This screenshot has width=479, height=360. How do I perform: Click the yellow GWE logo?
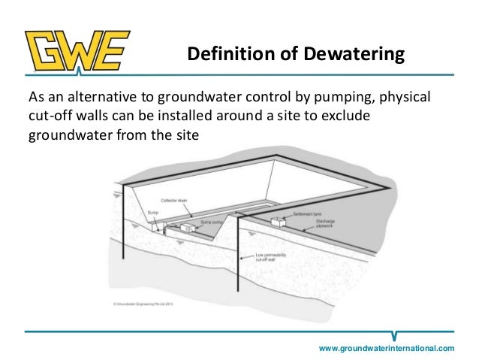coord(77,52)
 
